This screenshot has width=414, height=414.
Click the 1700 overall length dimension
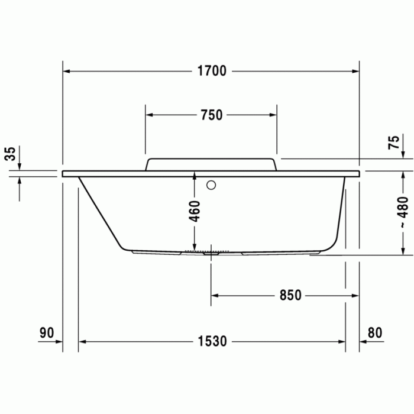click(x=211, y=72)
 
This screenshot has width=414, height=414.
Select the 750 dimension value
click(x=211, y=115)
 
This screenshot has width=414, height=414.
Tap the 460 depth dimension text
click(x=195, y=211)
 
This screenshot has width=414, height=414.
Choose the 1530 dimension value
click(x=212, y=341)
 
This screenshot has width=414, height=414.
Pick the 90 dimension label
click(x=47, y=332)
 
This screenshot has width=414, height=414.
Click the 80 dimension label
click(x=375, y=332)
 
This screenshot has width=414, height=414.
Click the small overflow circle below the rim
click(x=211, y=185)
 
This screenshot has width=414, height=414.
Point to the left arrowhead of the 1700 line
click(x=67, y=72)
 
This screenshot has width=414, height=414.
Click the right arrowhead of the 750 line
click(x=272, y=115)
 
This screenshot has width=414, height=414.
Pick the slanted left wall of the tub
click(x=101, y=213)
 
